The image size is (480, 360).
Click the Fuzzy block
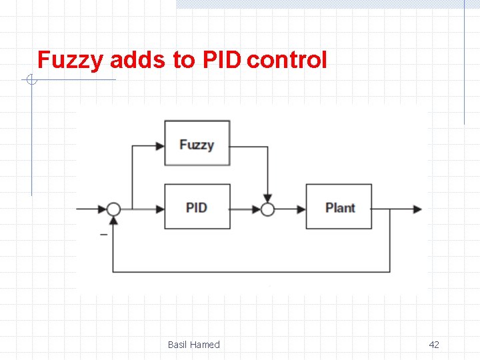point(197,143)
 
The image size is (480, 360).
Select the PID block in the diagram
point(197,207)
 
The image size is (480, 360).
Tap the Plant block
point(339,207)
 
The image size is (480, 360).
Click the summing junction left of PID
point(114,209)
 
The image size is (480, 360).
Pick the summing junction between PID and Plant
point(267,209)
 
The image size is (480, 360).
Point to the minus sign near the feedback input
point(103,234)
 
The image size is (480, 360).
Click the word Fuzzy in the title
point(70,60)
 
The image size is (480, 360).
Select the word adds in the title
point(138,60)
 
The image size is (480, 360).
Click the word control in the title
point(287,60)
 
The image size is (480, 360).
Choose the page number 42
point(434,345)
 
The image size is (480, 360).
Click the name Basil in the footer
point(177,345)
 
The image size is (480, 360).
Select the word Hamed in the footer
point(205,345)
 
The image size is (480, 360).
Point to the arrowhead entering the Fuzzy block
point(160,145)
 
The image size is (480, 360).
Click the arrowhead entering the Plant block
point(301,209)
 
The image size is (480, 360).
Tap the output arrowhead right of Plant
point(417,209)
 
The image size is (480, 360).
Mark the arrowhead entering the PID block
point(160,209)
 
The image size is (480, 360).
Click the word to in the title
point(184,60)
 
